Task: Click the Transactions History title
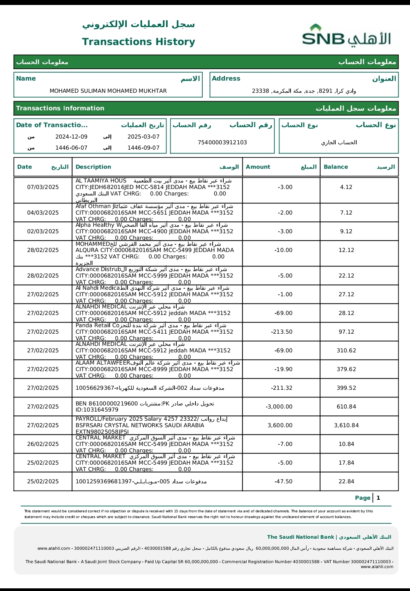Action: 139,42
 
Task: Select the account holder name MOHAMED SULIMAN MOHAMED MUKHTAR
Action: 108,91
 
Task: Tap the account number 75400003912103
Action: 222,142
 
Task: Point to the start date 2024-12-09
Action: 71,137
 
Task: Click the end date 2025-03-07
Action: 144,137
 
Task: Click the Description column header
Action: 93,167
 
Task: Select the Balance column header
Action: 336,167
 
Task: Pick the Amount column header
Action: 258,167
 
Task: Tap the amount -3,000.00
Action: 279,407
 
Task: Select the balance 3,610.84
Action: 346,425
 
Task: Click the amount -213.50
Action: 282,332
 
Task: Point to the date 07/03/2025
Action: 43,187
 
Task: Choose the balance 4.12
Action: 346,187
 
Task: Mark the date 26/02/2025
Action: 43,444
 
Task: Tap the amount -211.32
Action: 282,388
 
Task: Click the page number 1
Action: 378,498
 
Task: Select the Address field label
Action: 226,79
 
